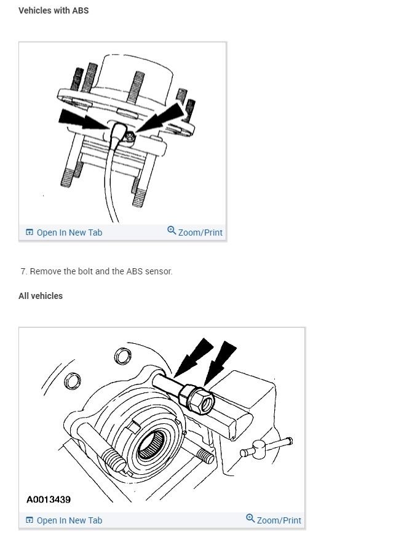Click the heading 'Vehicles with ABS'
click(x=53, y=10)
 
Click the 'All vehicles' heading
click(x=41, y=296)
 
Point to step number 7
click(x=23, y=271)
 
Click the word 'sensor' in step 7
click(x=158, y=271)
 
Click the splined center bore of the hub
click(x=151, y=444)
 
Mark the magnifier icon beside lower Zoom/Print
click(x=250, y=519)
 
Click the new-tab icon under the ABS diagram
click(x=29, y=233)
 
